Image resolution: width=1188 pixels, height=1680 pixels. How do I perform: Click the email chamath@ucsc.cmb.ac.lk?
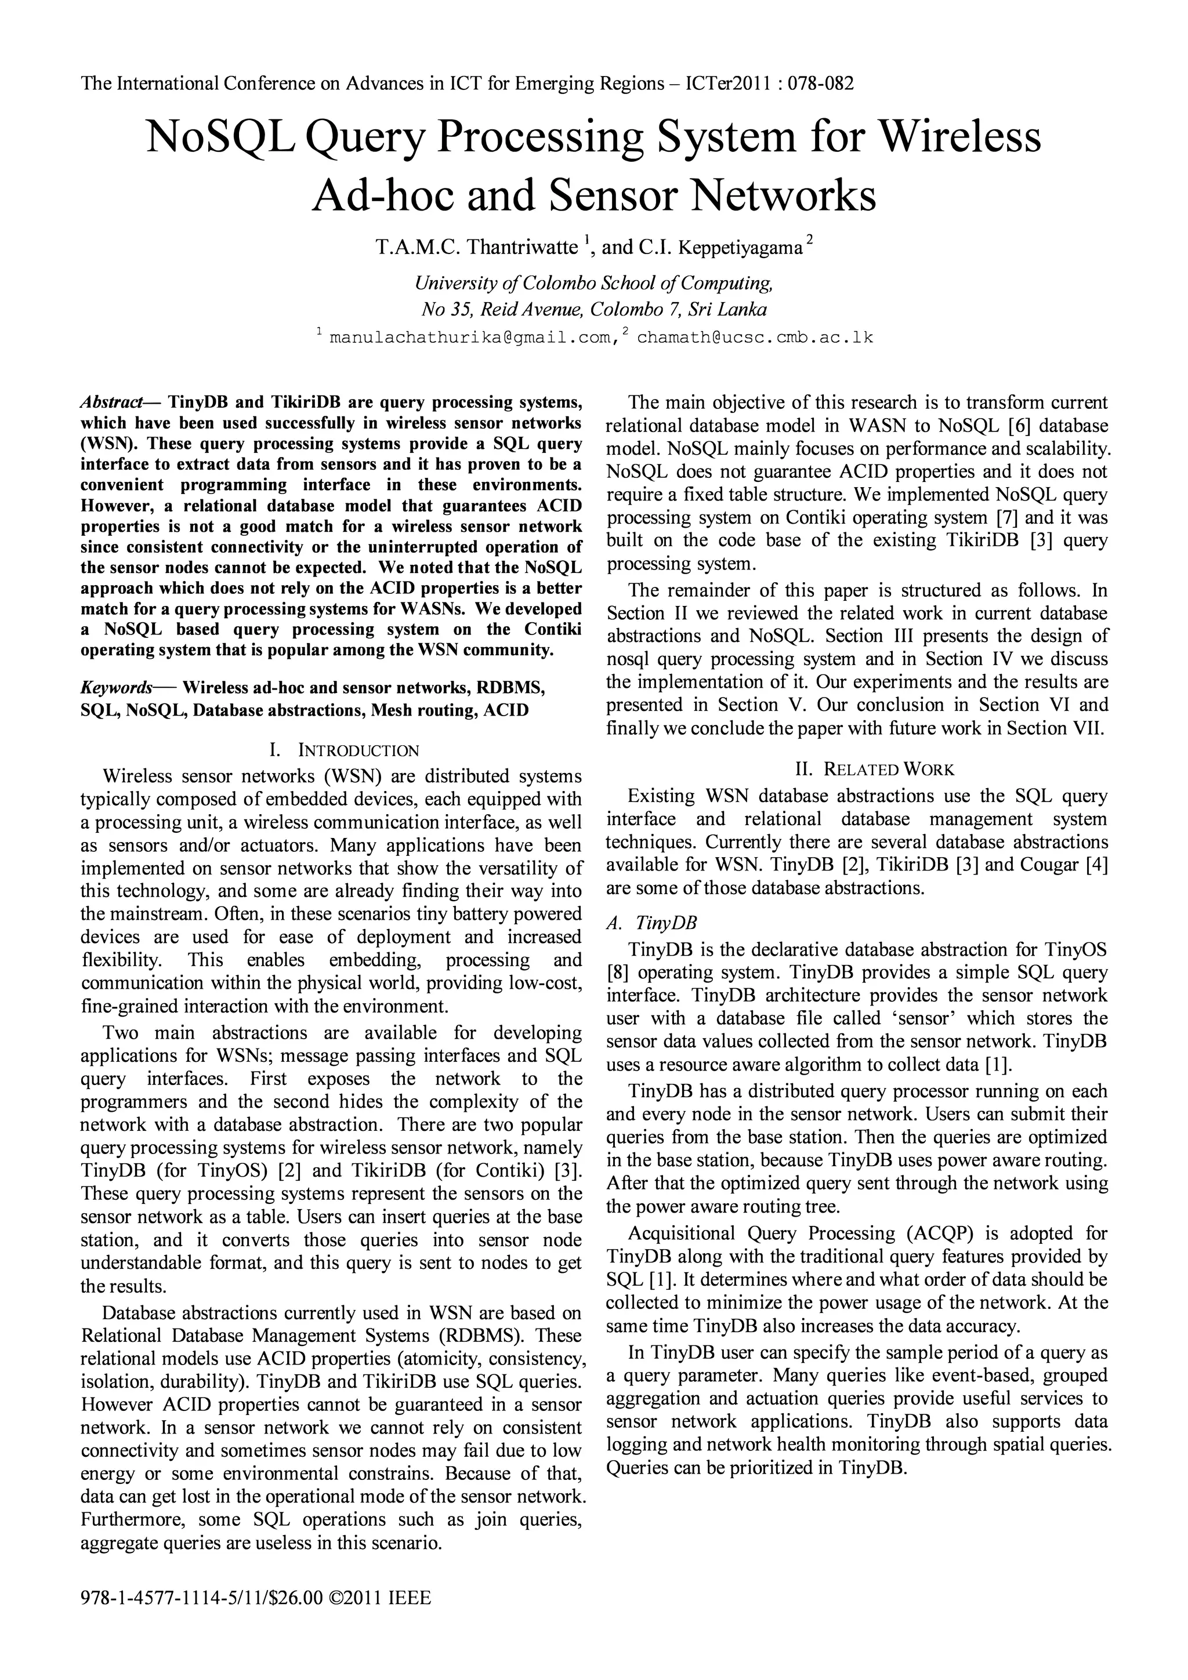[x=755, y=338]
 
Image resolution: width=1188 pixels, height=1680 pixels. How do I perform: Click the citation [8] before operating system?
[x=618, y=973]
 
